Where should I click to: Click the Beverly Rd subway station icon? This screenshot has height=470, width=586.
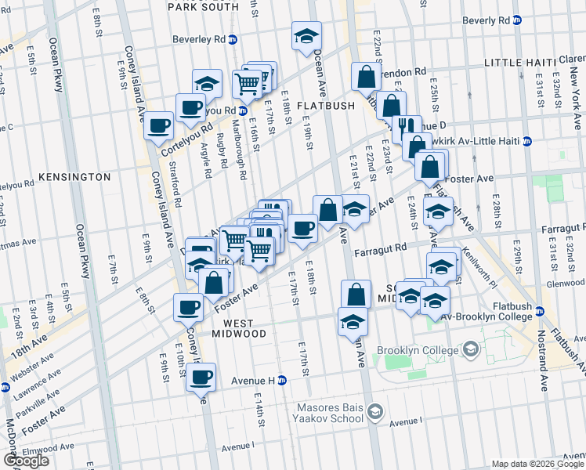517,20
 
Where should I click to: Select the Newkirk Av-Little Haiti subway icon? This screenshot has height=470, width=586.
527,141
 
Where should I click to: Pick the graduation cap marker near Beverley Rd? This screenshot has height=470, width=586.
306,35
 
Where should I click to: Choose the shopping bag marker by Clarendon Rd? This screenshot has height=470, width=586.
366,77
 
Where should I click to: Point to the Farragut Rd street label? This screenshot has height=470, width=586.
380,250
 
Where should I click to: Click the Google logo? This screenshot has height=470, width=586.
26,461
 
